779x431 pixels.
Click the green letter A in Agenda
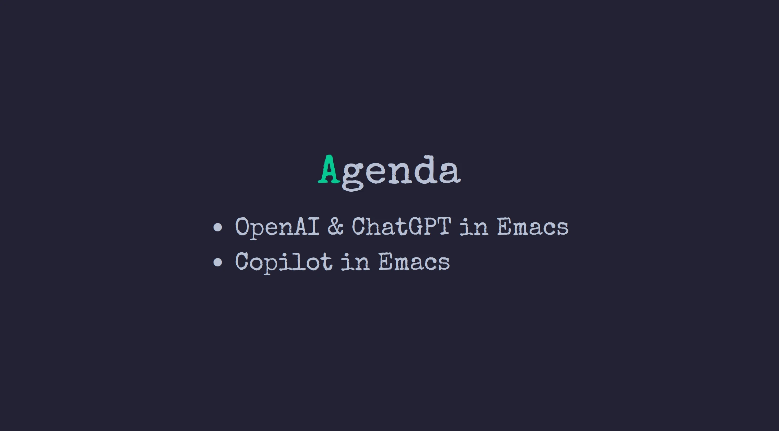point(329,169)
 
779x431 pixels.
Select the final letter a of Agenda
point(449,173)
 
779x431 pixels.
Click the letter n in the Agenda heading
point(401,173)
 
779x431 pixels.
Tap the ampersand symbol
point(335,226)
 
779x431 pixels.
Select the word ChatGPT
point(401,226)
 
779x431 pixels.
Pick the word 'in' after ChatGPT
point(474,226)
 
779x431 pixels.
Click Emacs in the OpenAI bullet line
point(533,226)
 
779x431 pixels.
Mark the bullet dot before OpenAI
point(218,227)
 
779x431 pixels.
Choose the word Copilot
point(284,262)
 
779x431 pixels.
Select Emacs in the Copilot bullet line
point(414,261)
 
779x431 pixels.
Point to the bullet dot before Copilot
point(218,262)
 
